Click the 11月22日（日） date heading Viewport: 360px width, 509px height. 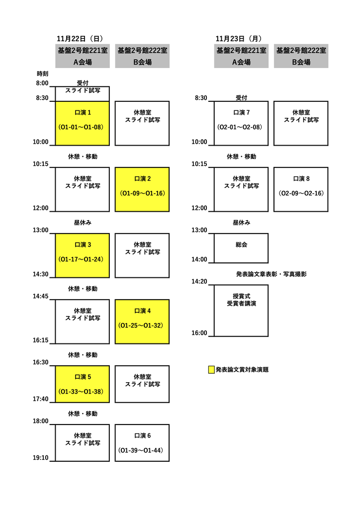coord(80,39)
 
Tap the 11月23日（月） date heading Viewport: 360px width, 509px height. coord(239,39)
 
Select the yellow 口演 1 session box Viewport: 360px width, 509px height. coord(83,123)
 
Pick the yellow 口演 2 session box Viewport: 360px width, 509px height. coord(142,189)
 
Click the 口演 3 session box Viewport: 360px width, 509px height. coord(83,255)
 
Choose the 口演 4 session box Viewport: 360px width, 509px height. coord(142,322)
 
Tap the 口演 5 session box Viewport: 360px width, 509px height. coord(83,384)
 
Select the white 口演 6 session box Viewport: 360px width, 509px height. coord(142,443)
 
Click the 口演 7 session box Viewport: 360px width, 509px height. coord(241,123)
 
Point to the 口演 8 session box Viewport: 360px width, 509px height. coord(301,189)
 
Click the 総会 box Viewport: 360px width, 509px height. coord(241,248)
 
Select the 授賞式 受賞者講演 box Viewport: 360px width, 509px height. coord(241,311)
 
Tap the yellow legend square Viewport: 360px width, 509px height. coord(211,370)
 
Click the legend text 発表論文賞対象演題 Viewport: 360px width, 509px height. coord(242,370)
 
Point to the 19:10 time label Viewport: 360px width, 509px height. coord(41,458)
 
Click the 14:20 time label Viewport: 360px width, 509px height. coord(199,281)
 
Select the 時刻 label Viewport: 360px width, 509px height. coord(43,74)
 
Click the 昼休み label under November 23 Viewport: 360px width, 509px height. coord(242,223)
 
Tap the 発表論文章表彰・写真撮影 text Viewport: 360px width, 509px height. coord(271,274)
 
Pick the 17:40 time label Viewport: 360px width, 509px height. coord(41,399)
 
